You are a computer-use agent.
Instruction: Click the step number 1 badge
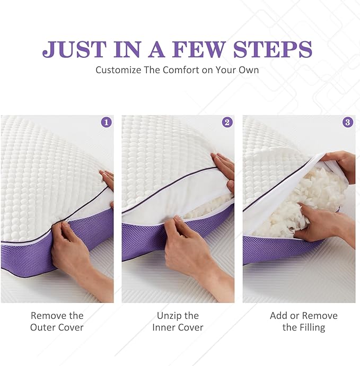click(107, 123)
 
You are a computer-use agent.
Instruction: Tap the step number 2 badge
click(227, 123)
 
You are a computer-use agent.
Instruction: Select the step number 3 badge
click(348, 123)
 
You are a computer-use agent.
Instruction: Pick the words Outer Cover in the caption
click(57, 327)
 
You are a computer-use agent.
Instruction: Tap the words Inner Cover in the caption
click(178, 327)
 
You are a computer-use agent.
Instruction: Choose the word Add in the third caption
click(279, 316)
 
